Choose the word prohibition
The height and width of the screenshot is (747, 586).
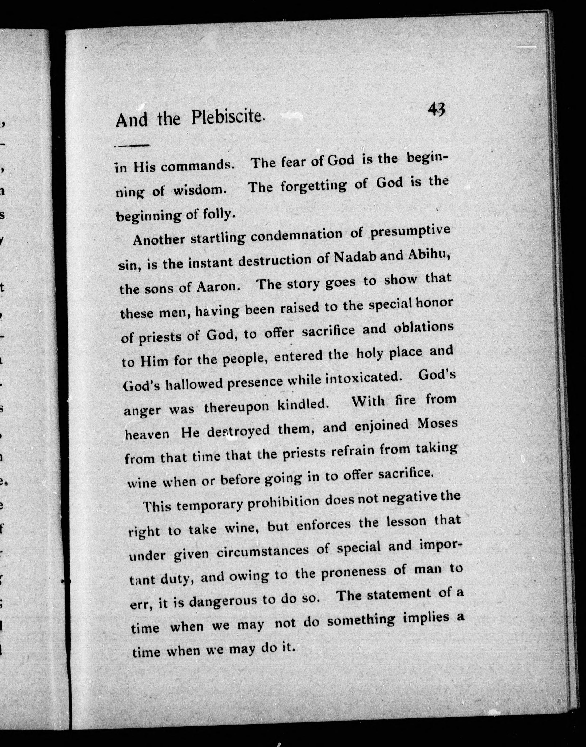click(x=286, y=502)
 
